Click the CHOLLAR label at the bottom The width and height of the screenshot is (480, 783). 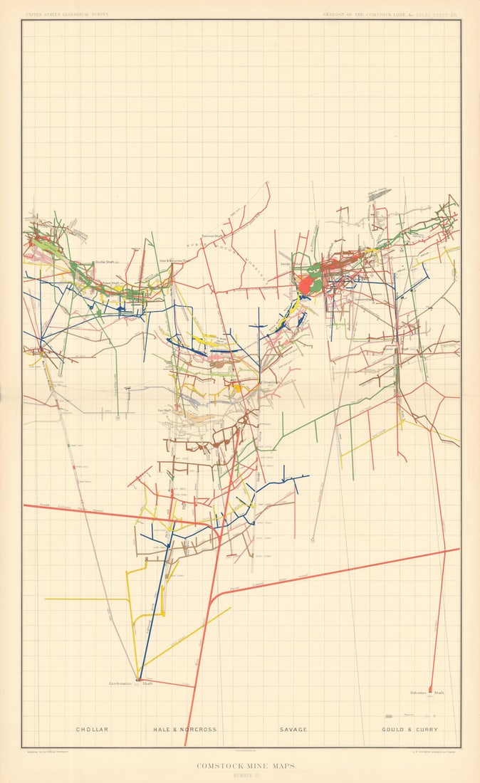point(92,730)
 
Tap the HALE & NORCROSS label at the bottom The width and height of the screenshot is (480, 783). point(184,730)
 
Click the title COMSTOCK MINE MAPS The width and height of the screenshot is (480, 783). point(239,766)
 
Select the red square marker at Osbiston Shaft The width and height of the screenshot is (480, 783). point(430,688)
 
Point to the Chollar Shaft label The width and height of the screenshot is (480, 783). point(105,262)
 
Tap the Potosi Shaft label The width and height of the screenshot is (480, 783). point(110,283)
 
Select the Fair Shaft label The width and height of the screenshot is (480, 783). point(165,411)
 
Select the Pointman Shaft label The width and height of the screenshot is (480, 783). point(212,236)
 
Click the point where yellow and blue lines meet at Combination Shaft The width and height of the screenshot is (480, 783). point(140,678)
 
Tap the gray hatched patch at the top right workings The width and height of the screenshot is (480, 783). point(379,195)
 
